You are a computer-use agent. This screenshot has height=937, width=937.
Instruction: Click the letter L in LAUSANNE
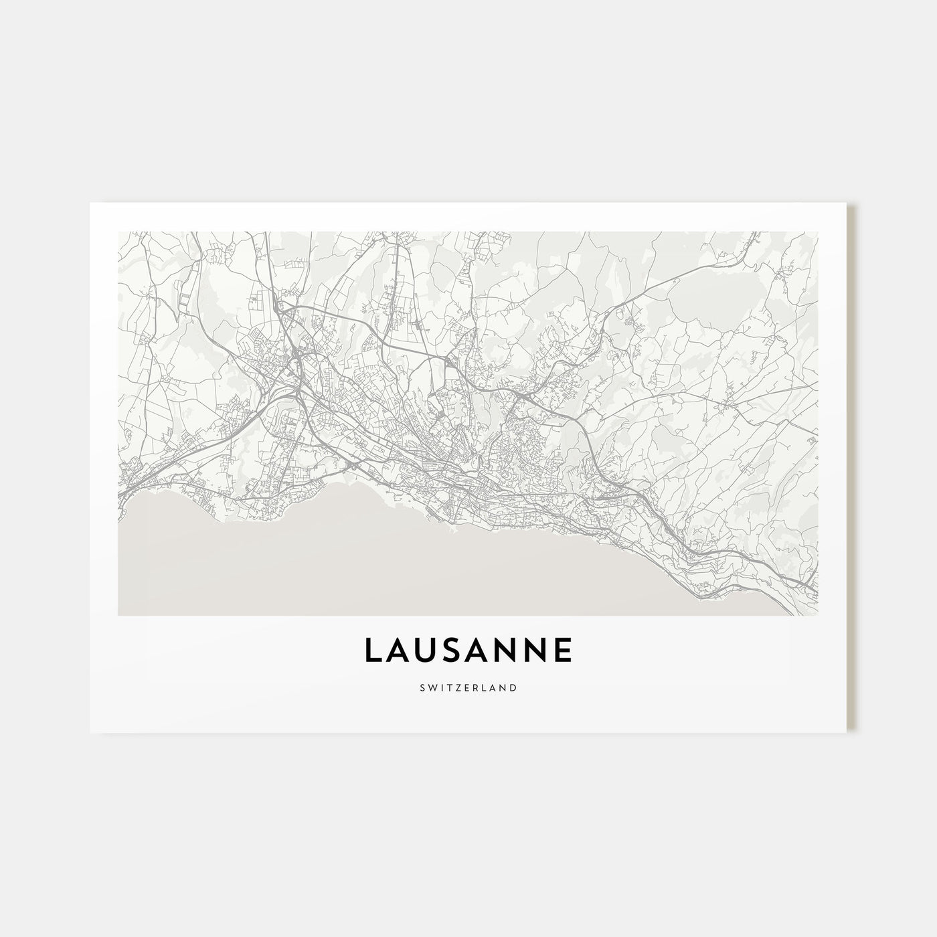click(373, 651)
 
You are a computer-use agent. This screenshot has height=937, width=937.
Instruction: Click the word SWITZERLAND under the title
click(468, 687)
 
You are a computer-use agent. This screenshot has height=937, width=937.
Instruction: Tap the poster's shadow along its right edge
click(851, 468)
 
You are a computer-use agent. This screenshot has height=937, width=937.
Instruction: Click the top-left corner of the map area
click(118, 232)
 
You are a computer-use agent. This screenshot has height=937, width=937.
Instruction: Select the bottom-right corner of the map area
click(818, 615)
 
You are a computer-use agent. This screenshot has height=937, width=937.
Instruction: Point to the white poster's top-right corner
click(846, 203)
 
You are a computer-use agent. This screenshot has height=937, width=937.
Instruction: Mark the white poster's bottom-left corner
click(90, 732)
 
